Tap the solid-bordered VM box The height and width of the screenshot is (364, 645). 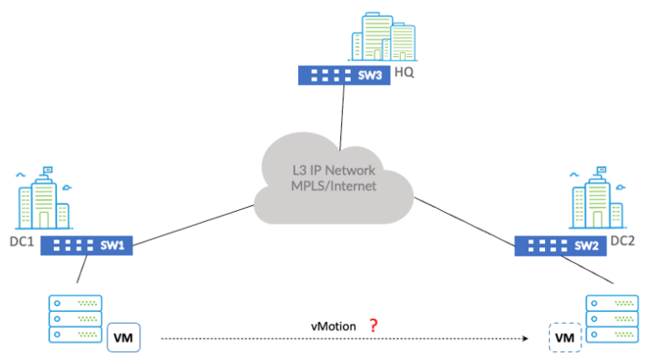click(123, 338)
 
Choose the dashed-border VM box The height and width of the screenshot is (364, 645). click(564, 338)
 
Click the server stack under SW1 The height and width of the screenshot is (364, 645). click(75, 318)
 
